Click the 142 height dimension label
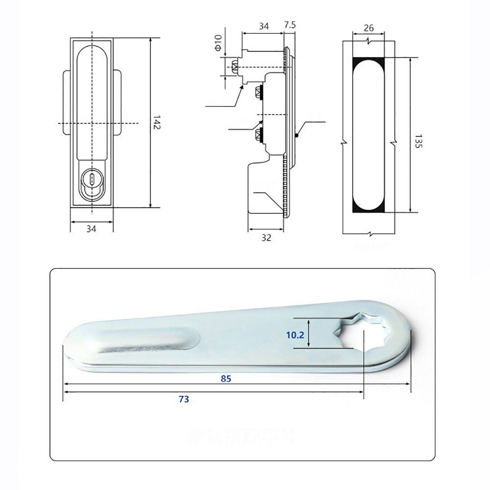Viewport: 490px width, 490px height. click(x=156, y=122)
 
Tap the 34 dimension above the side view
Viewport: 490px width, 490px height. click(x=263, y=26)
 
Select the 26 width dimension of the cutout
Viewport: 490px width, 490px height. click(x=369, y=28)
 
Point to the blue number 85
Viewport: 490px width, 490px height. click(x=225, y=378)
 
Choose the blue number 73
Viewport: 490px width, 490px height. click(x=183, y=399)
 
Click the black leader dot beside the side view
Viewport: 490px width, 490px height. click(x=297, y=136)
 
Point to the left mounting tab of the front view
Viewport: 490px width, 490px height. click(x=67, y=103)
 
